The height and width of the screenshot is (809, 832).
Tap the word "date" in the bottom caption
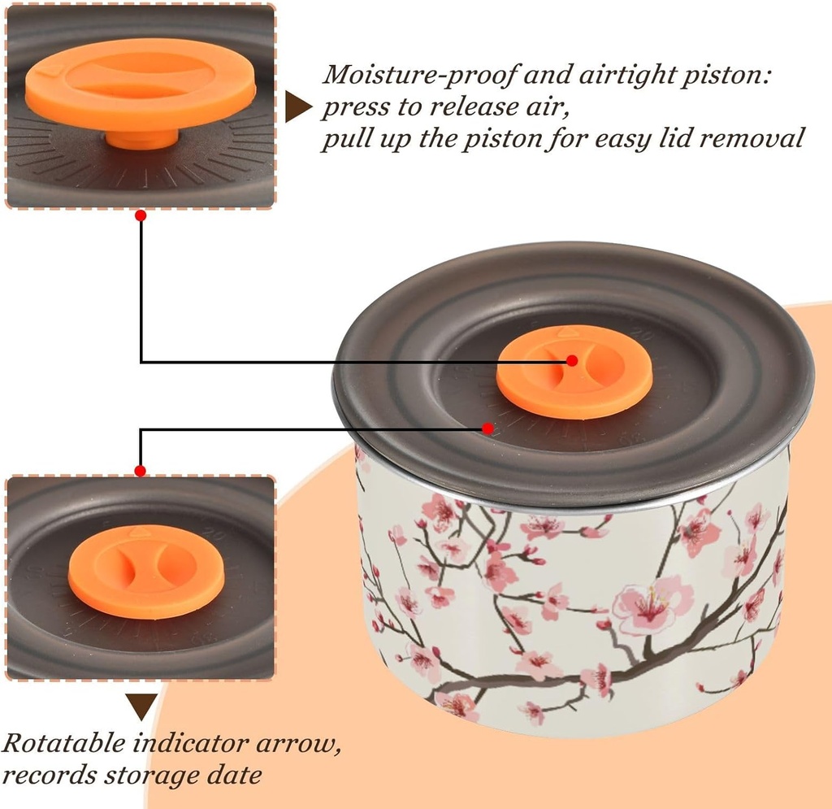click(x=236, y=775)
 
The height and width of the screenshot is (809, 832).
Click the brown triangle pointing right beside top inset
click(x=297, y=107)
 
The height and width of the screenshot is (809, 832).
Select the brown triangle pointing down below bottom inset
click(x=141, y=707)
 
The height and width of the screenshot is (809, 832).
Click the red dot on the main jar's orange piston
click(x=571, y=360)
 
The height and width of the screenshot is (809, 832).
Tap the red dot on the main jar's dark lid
click(x=487, y=428)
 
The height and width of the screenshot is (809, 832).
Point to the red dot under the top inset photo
click(x=141, y=215)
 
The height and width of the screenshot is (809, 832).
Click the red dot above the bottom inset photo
click(x=141, y=471)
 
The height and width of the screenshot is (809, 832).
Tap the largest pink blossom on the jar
click(x=650, y=606)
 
